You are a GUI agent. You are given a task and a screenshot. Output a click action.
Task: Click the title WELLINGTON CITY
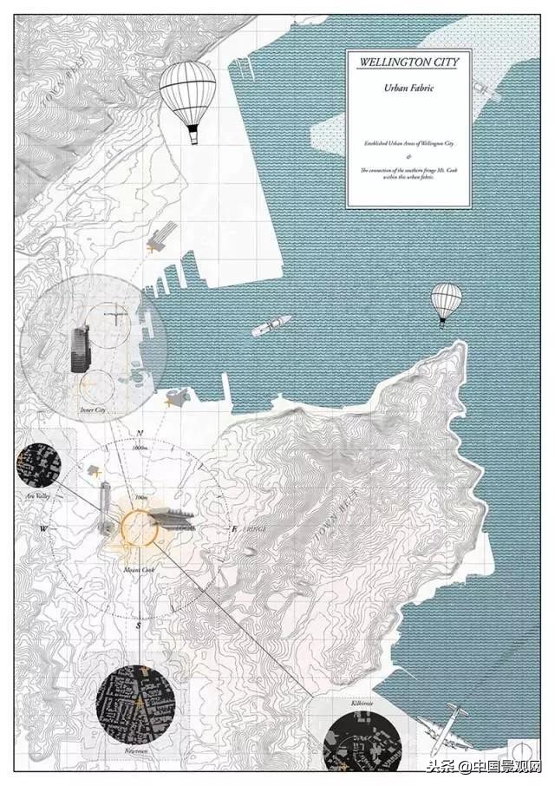click(407, 62)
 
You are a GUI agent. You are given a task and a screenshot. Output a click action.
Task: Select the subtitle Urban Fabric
click(407, 88)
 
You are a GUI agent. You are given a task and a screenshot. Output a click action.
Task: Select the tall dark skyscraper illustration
click(80, 350)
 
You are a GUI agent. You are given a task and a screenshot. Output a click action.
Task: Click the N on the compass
click(139, 433)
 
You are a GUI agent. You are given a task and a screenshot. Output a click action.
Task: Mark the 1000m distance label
click(142, 448)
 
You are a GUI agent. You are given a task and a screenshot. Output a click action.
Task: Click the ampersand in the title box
click(407, 155)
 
